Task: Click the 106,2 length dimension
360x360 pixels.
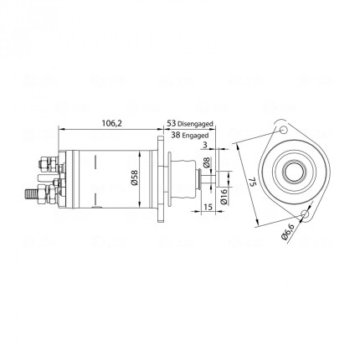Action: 112,123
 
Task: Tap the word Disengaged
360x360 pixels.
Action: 195,124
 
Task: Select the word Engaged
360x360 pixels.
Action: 195,136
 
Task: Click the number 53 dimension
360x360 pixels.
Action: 172,123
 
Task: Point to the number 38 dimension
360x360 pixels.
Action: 176,135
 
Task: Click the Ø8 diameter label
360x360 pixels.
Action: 207,162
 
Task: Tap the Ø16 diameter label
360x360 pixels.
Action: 224,198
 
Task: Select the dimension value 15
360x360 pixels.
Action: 208,207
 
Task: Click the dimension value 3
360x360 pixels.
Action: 205,145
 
